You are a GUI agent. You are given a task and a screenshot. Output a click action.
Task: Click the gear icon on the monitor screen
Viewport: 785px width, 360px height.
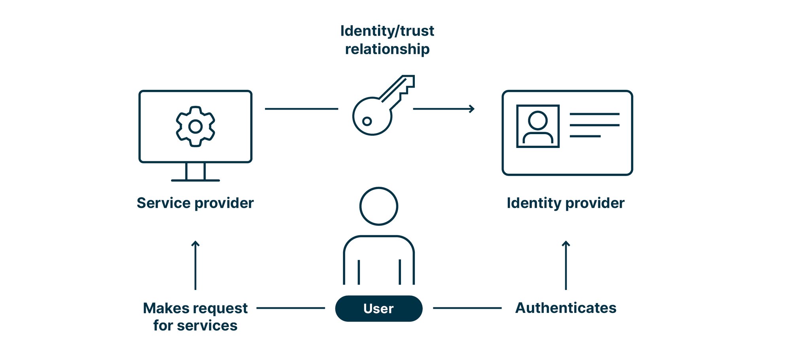pyautogui.click(x=195, y=127)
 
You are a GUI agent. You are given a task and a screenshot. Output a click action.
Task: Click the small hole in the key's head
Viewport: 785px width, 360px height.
pyautogui.click(x=367, y=121)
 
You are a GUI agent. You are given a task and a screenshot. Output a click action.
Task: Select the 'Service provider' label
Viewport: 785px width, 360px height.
pyautogui.click(x=195, y=203)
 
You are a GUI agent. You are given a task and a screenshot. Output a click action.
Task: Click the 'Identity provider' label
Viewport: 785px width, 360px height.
pyautogui.click(x=566, y=203)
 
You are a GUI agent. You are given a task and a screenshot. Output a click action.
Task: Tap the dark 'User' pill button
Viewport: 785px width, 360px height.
pyautogui.click(x=378, y=309)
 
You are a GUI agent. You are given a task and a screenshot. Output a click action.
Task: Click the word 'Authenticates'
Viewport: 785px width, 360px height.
pyautogui.click(x=566, y=308)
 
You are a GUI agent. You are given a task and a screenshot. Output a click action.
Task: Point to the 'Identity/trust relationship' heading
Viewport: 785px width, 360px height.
pyautogui.click(x=387, y=40)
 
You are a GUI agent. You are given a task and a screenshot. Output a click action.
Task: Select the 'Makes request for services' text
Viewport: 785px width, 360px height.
pyautogui.click(x=195, y=316)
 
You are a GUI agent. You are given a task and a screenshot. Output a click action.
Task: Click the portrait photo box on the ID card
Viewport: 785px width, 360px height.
pyautogui.click(x=538, y=126)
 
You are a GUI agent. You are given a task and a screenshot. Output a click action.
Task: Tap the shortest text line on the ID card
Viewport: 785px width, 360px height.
pyautogui.click(x=585, y=136)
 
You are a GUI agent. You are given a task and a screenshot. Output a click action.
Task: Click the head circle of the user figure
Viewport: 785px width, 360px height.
pyautogui.click(x=378, y=206)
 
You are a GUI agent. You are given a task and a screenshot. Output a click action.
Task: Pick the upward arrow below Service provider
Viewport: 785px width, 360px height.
pyautogui.click(x=195, y=265)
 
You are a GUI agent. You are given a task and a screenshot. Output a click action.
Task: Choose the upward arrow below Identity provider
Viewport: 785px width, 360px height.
pyautogui.click(x=566, y=265)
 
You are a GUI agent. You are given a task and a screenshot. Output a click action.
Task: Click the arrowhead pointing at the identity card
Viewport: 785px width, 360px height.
pyautogui.click(x=471, y=108)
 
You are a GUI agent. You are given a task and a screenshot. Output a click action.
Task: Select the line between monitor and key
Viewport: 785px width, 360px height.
pyautogui.click(x=301, y=108)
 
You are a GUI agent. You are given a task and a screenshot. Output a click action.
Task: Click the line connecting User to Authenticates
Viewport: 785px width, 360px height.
pyautogui.click(x=467, y=308)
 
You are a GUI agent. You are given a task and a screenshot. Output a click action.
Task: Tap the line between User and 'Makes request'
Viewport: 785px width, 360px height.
pyautogui.click(x=291, y=308)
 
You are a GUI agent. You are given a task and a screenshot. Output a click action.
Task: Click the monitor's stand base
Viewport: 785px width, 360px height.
pyautogui.click(x=195, y=180)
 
